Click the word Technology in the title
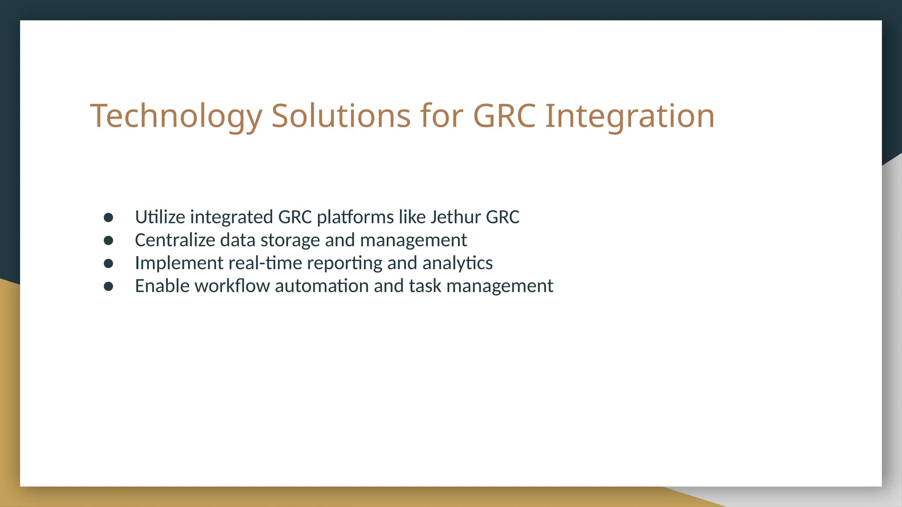point(176,116)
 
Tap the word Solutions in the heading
point(341,116)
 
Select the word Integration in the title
point(630,116)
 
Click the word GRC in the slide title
point(504,116)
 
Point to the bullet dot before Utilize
point(108,217)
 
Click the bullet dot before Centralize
point(108,240)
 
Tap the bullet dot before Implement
point(108,263)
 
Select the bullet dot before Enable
point(108,287)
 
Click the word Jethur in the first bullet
point(455,217)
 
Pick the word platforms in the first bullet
point(355,217)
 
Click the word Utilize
point(160,217)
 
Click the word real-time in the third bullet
point(266,263)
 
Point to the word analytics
point(457,263)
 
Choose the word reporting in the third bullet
point(344,263)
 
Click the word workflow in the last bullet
point(232,286)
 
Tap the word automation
point(322,286)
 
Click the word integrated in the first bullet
point(232,217)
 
